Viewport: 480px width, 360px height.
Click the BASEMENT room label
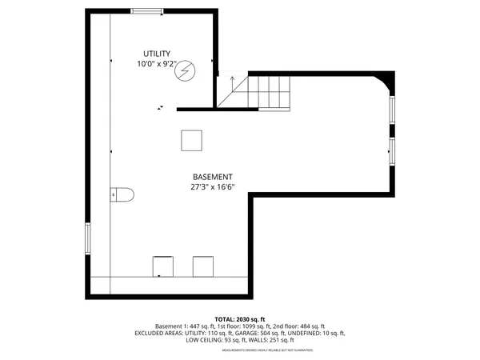[x=212, y=177]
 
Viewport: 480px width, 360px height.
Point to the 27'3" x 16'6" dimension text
[x=213, y=188]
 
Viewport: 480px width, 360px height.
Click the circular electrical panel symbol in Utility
[x=186, y=71]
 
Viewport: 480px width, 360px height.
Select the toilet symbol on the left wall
[x=121, y=194]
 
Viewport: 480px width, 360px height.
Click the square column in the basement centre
[x=191, y=140]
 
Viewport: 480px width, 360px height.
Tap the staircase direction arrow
[x=232, y=81]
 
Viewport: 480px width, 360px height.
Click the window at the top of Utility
[x=147, y=10]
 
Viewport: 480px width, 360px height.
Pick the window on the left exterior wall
[x=88, y=238]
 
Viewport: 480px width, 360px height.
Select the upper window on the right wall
[x=392, y=110]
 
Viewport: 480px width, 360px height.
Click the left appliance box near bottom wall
[x=162, y=266]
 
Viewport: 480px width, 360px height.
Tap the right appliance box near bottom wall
[x=202, y=266]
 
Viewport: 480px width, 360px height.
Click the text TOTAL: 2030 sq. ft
[x=240, y=319]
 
